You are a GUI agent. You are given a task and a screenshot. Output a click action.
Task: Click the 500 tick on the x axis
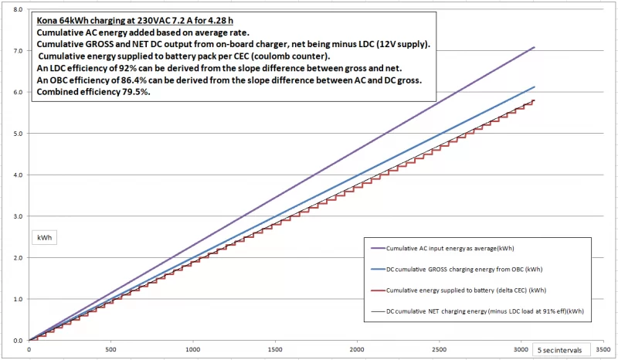click(111, 348)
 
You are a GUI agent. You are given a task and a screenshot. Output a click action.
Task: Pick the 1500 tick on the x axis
click(275, 348)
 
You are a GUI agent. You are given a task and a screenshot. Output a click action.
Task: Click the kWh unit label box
click(43, 238)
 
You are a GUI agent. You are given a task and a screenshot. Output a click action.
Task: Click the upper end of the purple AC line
click(534, 47)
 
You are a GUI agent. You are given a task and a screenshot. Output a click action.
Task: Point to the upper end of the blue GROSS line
click(534, 87)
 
